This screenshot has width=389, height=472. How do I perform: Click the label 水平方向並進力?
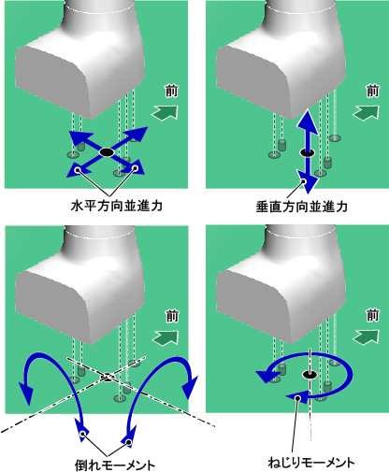click(117, 206)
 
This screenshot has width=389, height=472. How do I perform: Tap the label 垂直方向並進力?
click(302, 207)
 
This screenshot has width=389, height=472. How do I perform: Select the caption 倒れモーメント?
click(115, 465)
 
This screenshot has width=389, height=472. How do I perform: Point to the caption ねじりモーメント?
click(311, 463)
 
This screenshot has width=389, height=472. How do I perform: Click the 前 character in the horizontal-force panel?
click(172, 91)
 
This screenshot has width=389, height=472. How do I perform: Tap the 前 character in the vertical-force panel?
click(372, 91)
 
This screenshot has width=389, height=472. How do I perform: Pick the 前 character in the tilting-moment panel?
click(172, 316)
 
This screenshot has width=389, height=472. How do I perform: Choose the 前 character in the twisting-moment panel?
click(372, 315)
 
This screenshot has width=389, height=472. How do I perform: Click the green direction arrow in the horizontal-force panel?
click(166, 112)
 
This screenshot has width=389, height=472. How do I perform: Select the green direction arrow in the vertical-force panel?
click(366, 112)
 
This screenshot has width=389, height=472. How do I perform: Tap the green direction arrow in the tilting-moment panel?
click(166, 337)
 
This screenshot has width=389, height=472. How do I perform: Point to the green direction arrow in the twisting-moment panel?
click(366, 337)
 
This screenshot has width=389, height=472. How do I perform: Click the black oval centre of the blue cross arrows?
click(107, 152)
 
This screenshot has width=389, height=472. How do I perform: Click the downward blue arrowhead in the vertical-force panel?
click(308, 181)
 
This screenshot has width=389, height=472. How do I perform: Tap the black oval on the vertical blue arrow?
click(307, 152)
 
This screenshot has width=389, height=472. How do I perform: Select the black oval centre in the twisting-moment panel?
click(310, 375)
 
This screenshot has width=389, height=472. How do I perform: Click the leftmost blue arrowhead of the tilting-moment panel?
click(26, 393)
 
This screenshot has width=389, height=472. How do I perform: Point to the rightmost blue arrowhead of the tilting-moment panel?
click(190, 387)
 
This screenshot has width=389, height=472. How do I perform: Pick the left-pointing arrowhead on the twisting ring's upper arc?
click(266, 376)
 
